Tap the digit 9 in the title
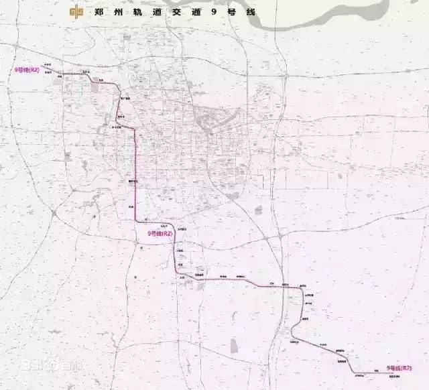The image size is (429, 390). click(216, 11)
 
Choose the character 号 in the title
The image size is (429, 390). click(233, 11)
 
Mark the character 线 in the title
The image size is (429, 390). click(250, 11)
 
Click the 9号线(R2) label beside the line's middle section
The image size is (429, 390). click(160, 233)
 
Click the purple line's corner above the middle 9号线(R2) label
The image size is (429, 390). click(137, 221)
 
